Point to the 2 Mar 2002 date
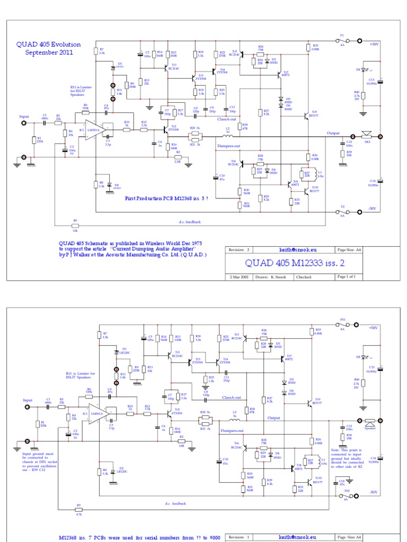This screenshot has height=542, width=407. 239,277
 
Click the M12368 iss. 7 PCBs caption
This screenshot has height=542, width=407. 140,537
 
